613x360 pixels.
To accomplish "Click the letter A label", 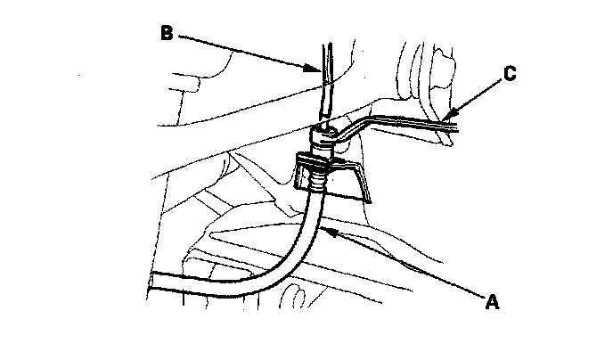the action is click(x=491, y=301).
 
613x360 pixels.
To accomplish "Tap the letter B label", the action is click(x=166, y=34).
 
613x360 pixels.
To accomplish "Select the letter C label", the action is click(x=509, y=75).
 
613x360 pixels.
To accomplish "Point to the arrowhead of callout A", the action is click(x=326, y=231).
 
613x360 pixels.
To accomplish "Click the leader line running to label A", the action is click(x=401, y=264).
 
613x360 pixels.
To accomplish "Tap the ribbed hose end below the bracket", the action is click(x=316, y=183).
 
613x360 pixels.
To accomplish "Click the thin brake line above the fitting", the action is click(x=325, y=89).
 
